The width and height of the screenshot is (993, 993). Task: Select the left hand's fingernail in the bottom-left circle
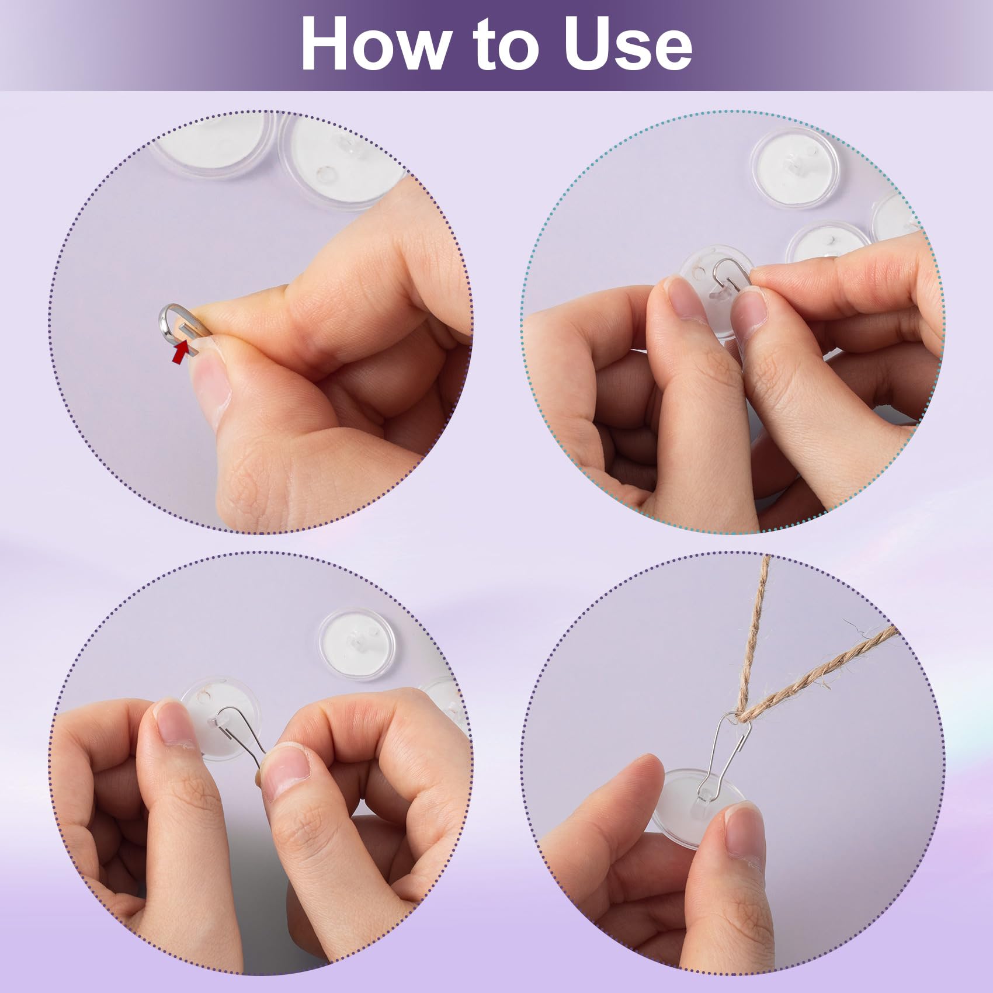[173, 724]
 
